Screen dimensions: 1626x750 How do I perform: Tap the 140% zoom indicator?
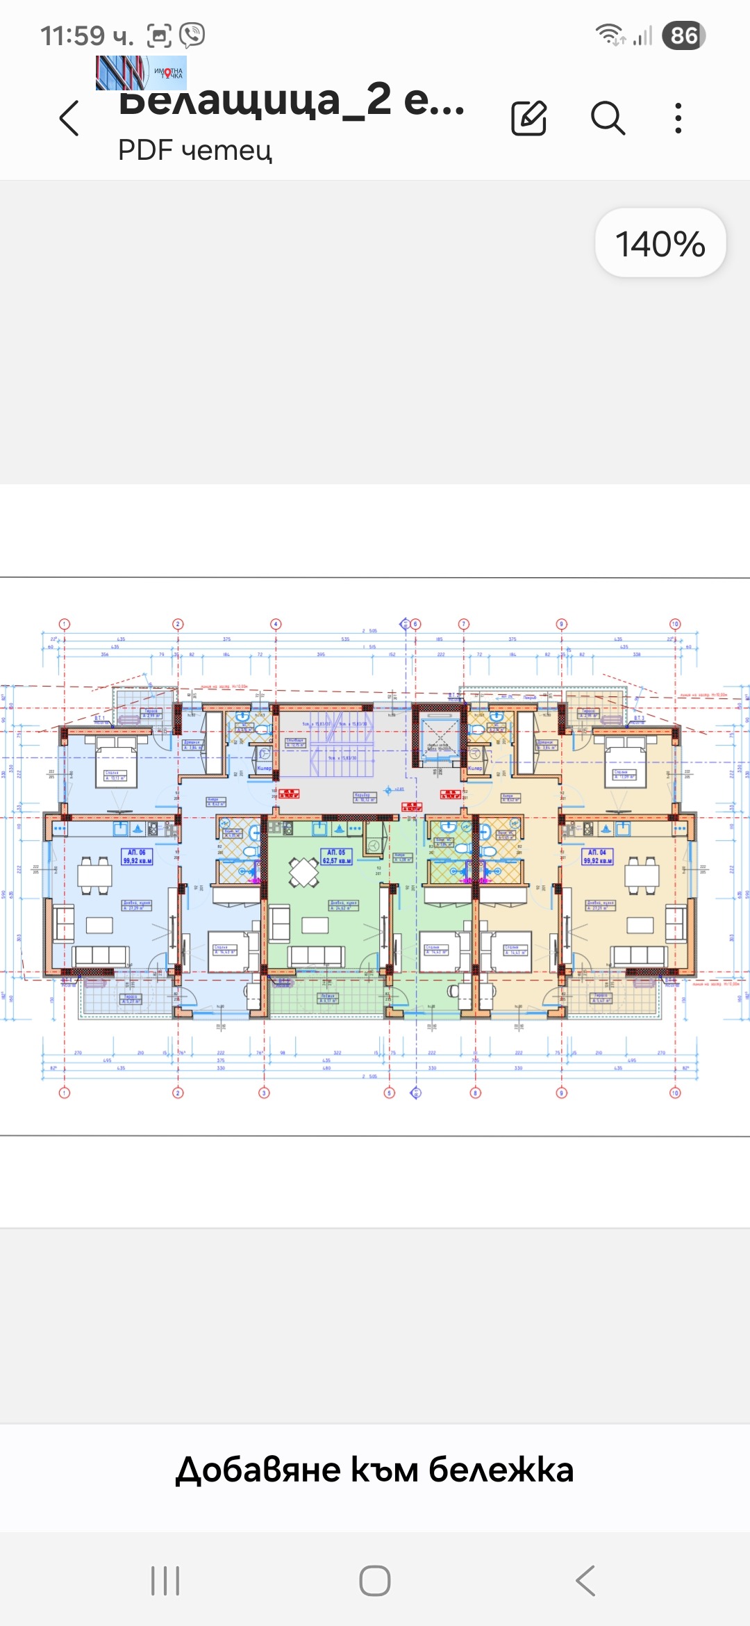(x=660, y=244)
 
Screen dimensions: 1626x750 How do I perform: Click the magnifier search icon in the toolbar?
(x=608, y=117)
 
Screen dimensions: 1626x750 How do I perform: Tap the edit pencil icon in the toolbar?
(x=529, y=117)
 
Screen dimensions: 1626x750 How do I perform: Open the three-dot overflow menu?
(x=678, y=117)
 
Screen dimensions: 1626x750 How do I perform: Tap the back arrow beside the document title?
(x=69, y=117)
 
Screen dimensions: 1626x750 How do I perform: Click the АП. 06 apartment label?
(x=137, y=856)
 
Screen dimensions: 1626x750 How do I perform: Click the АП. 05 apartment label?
(x=337, y=856)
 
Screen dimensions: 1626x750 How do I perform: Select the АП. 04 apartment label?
(x=597, y=856)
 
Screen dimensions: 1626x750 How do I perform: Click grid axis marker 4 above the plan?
(x=276, y=624)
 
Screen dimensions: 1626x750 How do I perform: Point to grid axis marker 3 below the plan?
(x=264, y=1093)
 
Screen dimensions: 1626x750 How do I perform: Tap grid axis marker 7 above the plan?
(x=464, y=624)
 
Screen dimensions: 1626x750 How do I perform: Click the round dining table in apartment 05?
(x=303, y=872)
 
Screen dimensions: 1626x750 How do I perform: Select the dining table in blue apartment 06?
(x=95, y=874)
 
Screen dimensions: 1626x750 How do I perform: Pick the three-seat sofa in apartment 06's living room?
(x=101, y=955)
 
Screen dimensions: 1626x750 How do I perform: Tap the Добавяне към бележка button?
(x=375, y=1470)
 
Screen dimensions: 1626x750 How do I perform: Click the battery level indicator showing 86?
(x=684, y=35)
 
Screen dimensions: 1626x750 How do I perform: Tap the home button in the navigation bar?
(x=375, y=1581)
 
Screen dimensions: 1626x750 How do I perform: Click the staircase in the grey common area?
(x=340, y=744)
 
